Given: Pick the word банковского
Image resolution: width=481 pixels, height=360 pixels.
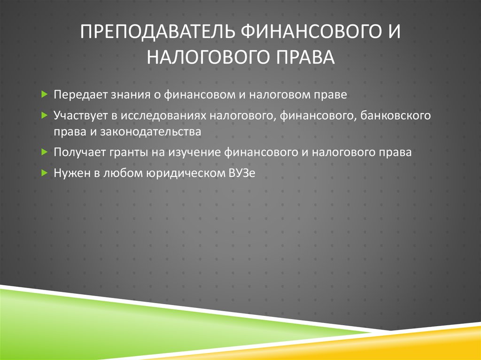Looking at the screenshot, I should tap(396, 115).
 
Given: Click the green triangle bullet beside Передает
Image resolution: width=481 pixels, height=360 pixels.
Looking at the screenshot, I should tap(44, 95).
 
